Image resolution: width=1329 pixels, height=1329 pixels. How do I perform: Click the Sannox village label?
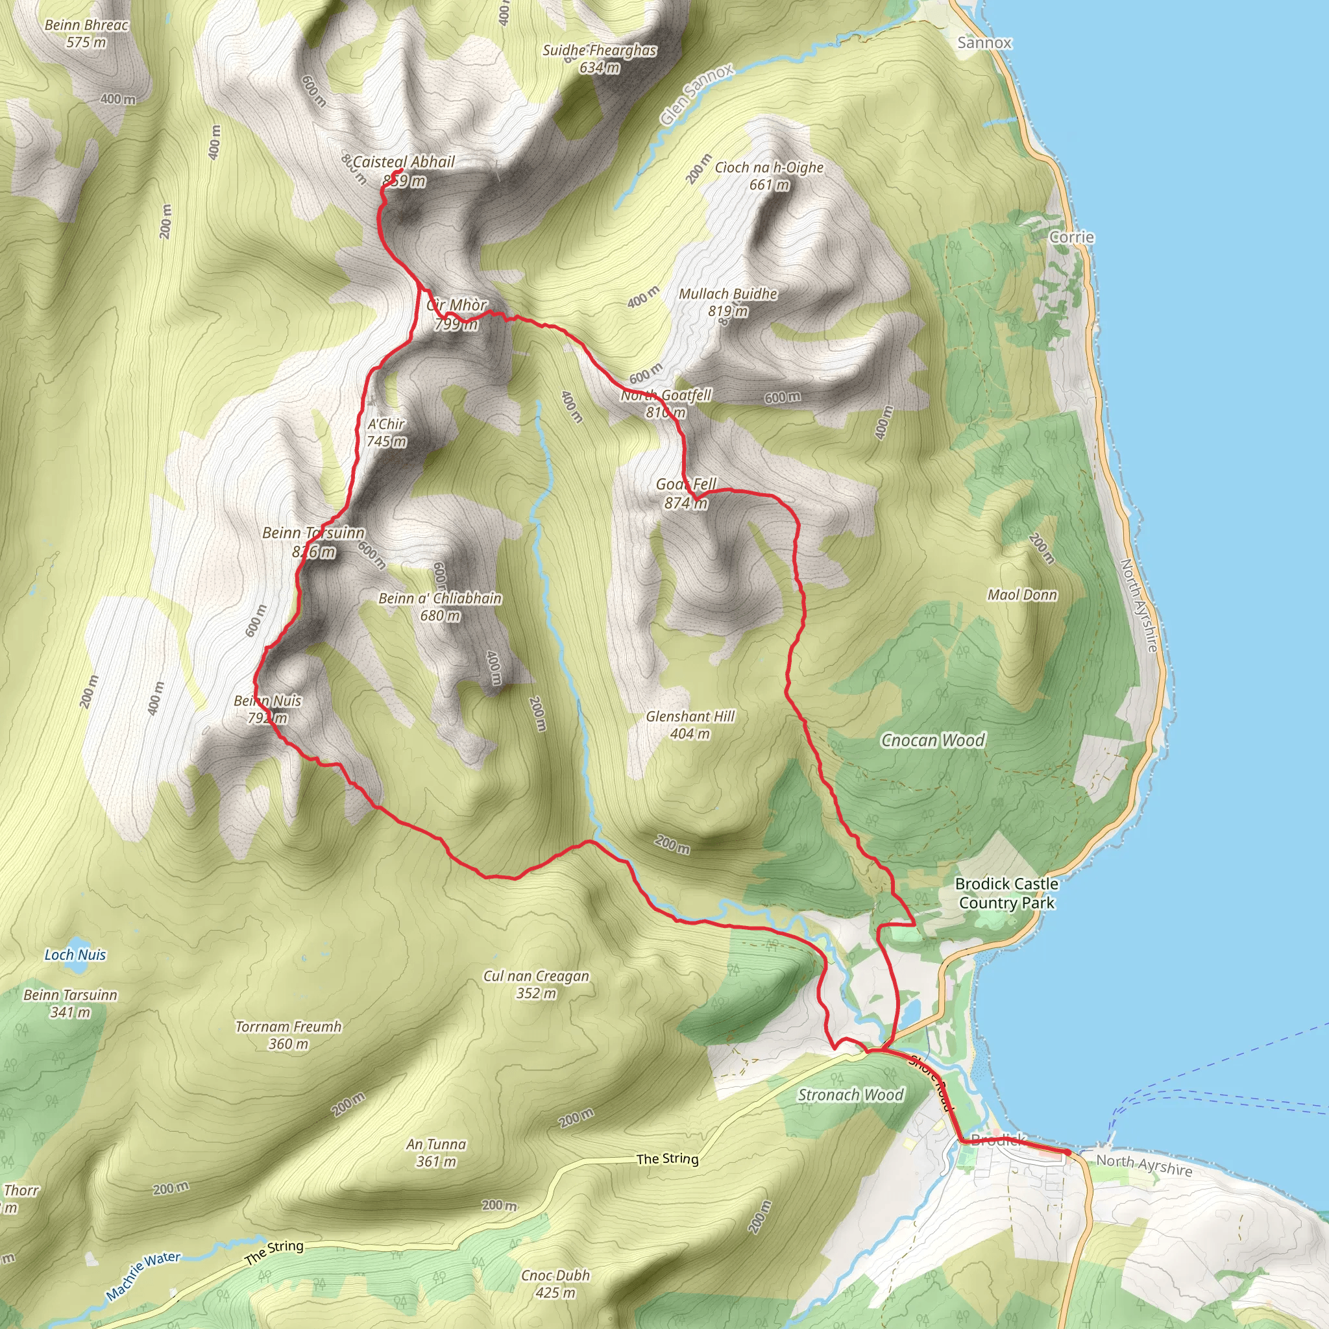coord(984,43)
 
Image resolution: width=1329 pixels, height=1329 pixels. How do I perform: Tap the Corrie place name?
coord(1071,238)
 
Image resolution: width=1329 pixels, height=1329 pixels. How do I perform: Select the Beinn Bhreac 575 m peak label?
coord(87,34)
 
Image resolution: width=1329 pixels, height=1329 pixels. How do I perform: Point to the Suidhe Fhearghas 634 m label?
coord(599,58)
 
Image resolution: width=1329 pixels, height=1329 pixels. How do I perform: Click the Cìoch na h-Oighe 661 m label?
coord(769,176)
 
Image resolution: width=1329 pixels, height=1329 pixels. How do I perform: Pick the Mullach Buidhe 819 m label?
coord(728,302)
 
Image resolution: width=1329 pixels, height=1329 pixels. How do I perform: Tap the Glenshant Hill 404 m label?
coord(690,725)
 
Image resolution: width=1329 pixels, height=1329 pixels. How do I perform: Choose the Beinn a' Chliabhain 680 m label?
coord(440,607)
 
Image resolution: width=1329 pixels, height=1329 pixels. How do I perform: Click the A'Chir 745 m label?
coord(386,433)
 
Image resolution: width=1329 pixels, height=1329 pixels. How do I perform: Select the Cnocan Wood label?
coord(933,740)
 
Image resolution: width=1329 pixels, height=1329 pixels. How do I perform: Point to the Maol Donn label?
coord(1022,595)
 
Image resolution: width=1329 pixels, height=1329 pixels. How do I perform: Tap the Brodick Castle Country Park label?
coord(1006,893)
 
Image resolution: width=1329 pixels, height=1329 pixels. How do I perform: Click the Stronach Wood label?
coord(850,1095)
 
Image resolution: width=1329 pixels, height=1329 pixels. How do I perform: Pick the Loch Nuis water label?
coord(75,955)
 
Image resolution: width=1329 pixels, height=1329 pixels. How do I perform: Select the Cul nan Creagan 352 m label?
coord(536,984)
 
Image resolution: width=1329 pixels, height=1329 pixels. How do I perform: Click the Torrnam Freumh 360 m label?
coord(288,1034)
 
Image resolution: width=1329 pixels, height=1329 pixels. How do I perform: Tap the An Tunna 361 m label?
coord(436,1152)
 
